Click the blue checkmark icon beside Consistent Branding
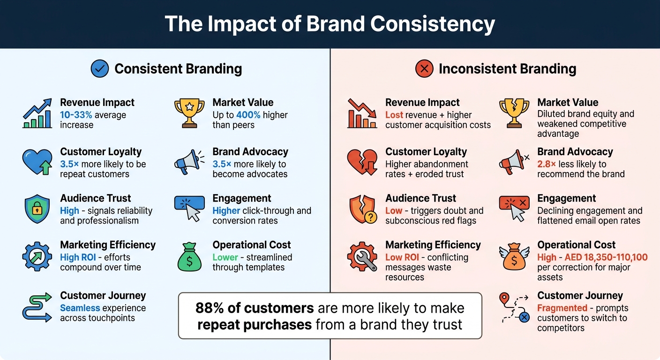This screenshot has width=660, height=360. tap(99, 69)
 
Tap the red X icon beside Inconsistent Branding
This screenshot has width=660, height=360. tap(424, 69)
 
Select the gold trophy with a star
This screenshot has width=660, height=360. tap(189, 113)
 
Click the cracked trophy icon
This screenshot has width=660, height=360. tap(514, 113)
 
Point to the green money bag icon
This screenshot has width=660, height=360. tap(189, 256)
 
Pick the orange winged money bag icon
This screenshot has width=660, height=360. tap(514, 256)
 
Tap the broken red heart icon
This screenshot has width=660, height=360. tap(362, 162)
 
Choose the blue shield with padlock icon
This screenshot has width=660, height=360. tap(37, 209)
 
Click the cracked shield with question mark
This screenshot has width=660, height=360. tap(362, 209)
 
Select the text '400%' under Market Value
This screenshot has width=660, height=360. tap(248, 115)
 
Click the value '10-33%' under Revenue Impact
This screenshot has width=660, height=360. tap(76, 115)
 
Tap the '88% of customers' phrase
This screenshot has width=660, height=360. tap(255, 308)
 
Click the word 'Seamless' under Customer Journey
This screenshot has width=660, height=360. tap(80, 308)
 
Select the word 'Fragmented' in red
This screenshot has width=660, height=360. tap(562, 308)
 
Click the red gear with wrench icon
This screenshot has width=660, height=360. tap(362, 256)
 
